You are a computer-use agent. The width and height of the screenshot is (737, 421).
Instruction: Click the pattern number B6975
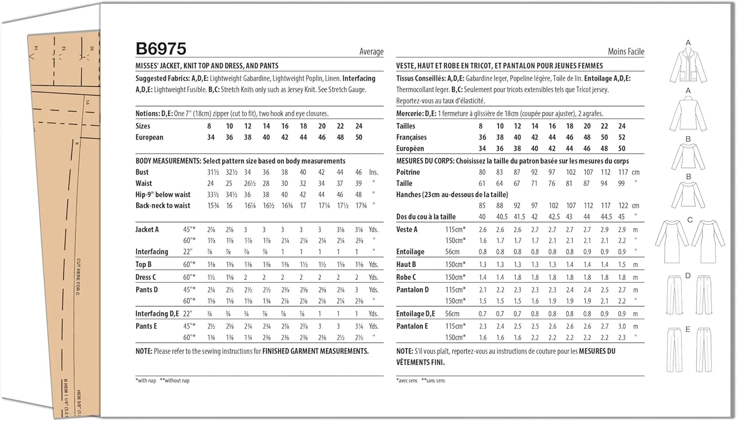161,49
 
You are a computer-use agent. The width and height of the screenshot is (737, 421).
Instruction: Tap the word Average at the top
371,52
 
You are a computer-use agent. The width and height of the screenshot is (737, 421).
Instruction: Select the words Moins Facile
625,52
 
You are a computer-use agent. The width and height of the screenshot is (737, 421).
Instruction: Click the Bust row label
142,172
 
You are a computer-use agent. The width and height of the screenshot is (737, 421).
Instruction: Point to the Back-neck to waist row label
163,206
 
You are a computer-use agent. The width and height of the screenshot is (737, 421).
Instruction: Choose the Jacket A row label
147,229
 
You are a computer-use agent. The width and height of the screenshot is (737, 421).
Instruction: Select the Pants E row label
146,326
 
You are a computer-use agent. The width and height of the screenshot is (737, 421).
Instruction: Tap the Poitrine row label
408,172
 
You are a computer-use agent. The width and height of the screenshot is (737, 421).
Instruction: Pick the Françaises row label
411,137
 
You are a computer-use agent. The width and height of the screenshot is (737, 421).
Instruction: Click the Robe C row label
406,277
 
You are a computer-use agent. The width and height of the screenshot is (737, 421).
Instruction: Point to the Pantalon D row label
412,290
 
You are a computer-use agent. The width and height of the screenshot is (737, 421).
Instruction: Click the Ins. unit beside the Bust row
373,172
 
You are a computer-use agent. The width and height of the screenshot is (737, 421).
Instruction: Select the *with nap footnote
145,381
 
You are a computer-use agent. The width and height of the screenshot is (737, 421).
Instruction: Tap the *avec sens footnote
406,381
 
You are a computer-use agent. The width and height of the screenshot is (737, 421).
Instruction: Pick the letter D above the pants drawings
688,276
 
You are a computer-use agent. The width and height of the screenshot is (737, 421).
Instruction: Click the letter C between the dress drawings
690,220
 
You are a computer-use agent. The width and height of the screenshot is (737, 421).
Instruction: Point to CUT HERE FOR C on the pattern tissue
78,277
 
